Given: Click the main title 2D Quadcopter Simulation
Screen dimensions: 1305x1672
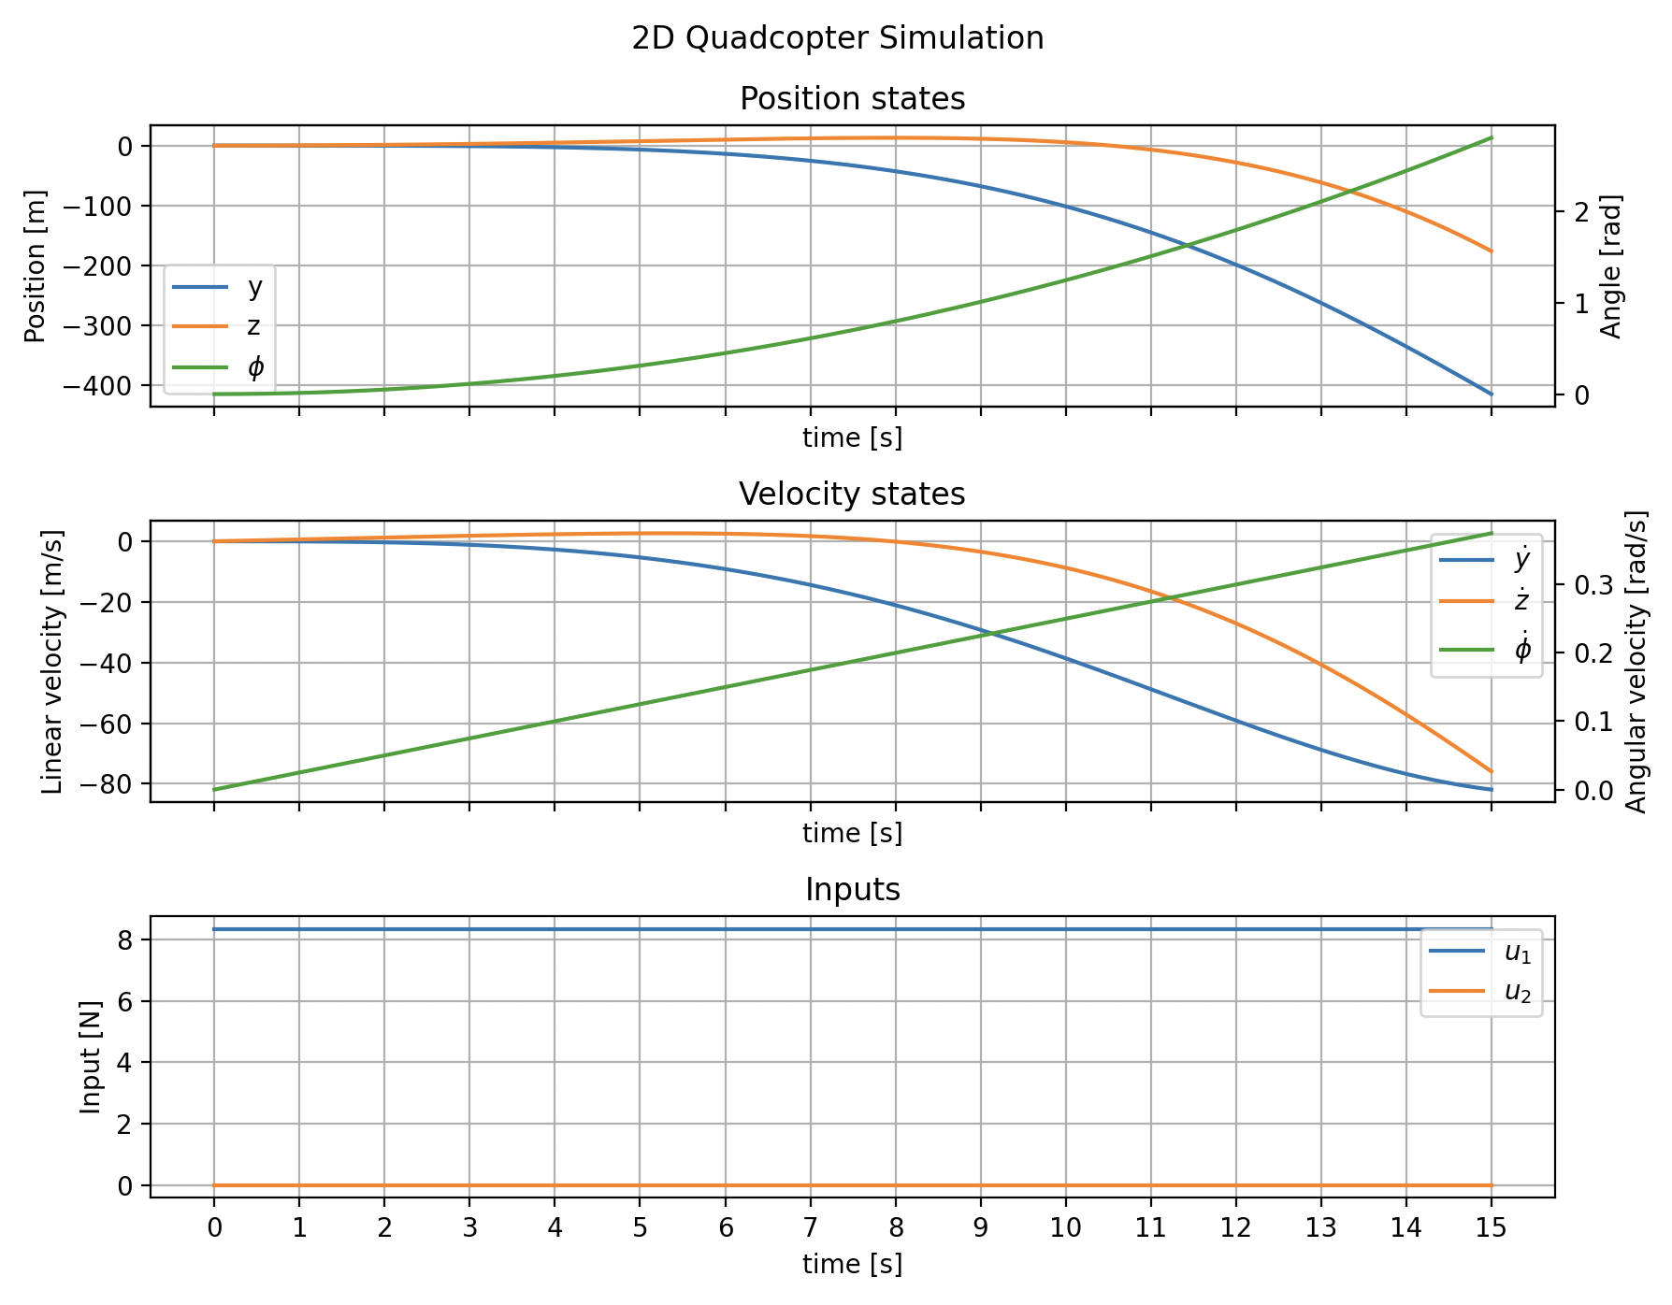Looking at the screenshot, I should pyautogui.click(x=837, y=38).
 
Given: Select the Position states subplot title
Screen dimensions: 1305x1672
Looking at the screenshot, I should pyautogui.click(x=852, y=99).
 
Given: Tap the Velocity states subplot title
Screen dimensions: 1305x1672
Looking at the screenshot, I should pyautogui.click(x=852, y=495).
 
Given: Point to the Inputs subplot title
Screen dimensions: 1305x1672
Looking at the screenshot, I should pyautogui.click(x=852, y=890).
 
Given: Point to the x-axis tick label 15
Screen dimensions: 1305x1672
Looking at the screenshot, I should pyautogui.click(x=1491, y=1227).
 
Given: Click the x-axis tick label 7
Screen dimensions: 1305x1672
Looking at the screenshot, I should pyautogui.click(x=810, y=1227).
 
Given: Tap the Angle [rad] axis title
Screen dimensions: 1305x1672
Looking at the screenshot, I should pyautogui.click(x=1610, y=265).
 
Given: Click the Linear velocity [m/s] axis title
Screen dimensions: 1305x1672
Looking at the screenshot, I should pyautogui.click(x=53, y=661).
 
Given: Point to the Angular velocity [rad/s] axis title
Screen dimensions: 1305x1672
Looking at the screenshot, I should pyautogui.click(x=1636, y=661).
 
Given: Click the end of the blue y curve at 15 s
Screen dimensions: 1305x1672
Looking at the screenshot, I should pyautogui.click(x=1491, y=394).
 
